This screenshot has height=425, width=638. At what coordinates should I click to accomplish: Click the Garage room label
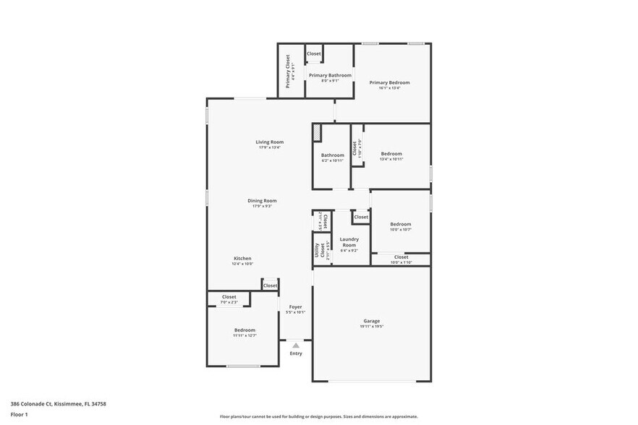372,321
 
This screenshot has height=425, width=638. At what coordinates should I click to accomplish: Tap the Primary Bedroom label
389,83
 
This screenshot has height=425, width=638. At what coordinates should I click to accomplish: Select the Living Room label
269,142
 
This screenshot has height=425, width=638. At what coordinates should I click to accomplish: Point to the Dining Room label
262,201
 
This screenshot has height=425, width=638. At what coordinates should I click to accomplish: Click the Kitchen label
242,259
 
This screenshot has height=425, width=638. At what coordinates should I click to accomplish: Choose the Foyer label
295,307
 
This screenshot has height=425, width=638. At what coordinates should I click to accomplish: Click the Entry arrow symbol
295,346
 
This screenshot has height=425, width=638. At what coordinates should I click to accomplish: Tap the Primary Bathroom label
330,75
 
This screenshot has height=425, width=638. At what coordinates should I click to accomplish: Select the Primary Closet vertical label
288,72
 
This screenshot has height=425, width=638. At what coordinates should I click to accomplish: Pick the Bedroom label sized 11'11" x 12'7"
244,330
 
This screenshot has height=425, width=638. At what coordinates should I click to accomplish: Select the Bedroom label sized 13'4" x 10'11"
391,153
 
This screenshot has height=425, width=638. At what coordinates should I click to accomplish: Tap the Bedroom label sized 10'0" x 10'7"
401,224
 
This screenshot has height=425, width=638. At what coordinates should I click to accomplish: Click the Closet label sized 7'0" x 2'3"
229,297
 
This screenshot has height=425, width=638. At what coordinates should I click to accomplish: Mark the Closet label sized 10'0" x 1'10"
401,257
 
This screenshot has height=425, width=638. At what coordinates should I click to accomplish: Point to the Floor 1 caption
19,414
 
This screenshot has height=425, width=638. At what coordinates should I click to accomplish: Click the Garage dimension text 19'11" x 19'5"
372,327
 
